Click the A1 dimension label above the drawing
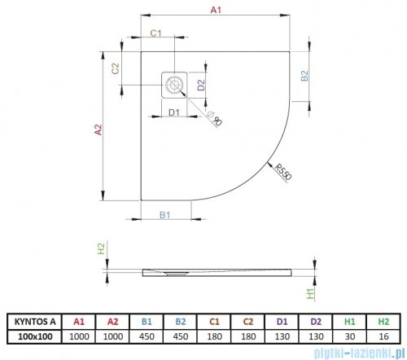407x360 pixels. (216, 10)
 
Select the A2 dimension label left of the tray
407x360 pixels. (98, 130)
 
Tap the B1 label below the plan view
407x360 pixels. (164, 215)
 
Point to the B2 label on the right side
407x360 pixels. (304, 76)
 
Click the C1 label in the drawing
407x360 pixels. (155, 33)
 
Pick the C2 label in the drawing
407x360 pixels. (116, 68)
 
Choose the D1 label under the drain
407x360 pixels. (174, 112)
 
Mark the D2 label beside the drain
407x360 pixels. (201, 85)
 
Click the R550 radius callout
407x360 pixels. (282, 172)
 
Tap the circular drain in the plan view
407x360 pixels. (173, 85)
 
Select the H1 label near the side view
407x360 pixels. (310, 293)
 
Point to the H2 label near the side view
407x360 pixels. (101, 248)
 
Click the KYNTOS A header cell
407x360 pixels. (35, 322)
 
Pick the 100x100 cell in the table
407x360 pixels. (35, 336)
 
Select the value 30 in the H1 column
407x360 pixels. (350, 336)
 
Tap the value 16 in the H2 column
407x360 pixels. (383, 336)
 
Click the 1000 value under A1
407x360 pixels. (79, 336)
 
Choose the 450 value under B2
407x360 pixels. (181, 336)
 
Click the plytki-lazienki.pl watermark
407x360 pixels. (357, 353)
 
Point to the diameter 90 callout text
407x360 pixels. (215, 119)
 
